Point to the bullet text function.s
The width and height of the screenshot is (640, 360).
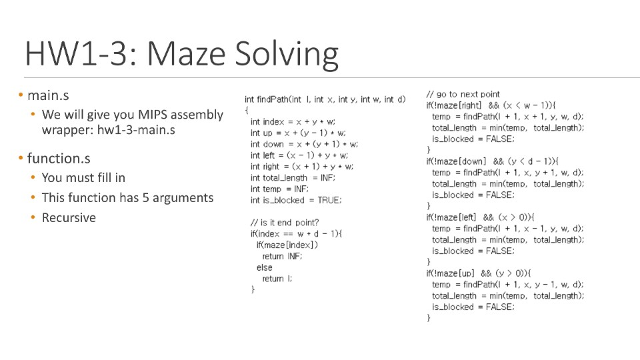[59, 158]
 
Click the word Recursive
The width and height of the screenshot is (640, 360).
[69, 217]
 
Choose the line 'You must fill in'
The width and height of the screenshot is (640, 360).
[83, 177]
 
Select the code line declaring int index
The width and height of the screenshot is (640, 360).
[293, 121]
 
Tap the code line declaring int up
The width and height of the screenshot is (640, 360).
[298, 133]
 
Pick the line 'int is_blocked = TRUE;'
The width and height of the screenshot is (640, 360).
[296, 200]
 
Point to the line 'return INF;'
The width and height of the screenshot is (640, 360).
[282, 256]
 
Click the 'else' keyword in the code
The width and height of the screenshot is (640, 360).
[264, 267]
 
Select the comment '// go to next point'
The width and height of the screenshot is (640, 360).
[463, 94]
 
